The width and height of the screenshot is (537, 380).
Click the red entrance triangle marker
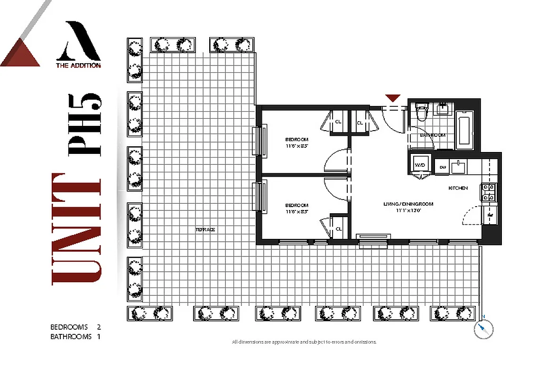392,98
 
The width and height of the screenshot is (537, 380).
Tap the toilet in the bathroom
421,113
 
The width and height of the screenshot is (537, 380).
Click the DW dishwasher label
443,167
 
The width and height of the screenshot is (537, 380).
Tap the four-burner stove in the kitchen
489,192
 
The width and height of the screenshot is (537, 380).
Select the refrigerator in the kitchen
489,216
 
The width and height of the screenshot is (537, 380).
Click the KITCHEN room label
458,188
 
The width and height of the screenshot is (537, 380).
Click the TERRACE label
205,229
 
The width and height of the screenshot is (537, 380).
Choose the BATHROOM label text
433,135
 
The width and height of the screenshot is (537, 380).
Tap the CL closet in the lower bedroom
339,229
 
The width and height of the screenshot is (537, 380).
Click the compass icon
483,329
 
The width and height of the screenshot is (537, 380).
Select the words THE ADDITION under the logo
78,66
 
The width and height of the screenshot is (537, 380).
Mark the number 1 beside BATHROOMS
99,337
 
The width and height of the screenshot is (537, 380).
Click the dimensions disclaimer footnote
304,342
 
